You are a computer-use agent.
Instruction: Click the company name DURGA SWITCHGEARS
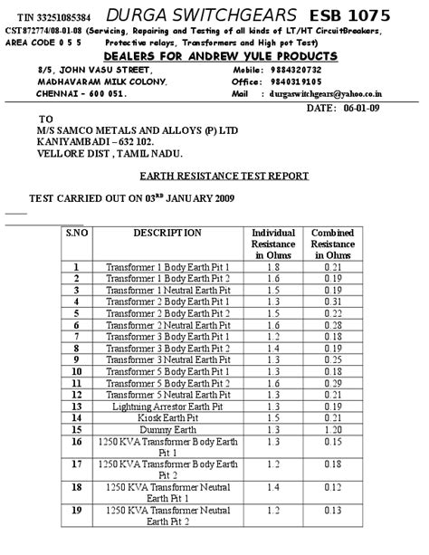[200, 15]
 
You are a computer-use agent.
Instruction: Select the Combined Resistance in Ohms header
[332, 244]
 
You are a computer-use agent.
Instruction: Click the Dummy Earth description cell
[167, 431]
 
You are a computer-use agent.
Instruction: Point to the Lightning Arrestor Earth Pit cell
[167, 407]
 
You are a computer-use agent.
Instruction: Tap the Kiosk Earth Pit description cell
[167, 419]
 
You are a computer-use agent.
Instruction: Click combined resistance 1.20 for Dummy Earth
[332, 431]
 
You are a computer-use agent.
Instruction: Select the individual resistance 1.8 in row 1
[272, 267]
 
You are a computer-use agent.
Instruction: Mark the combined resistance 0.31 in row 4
[332, 301]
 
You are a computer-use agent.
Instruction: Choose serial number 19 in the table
[76, 511]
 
